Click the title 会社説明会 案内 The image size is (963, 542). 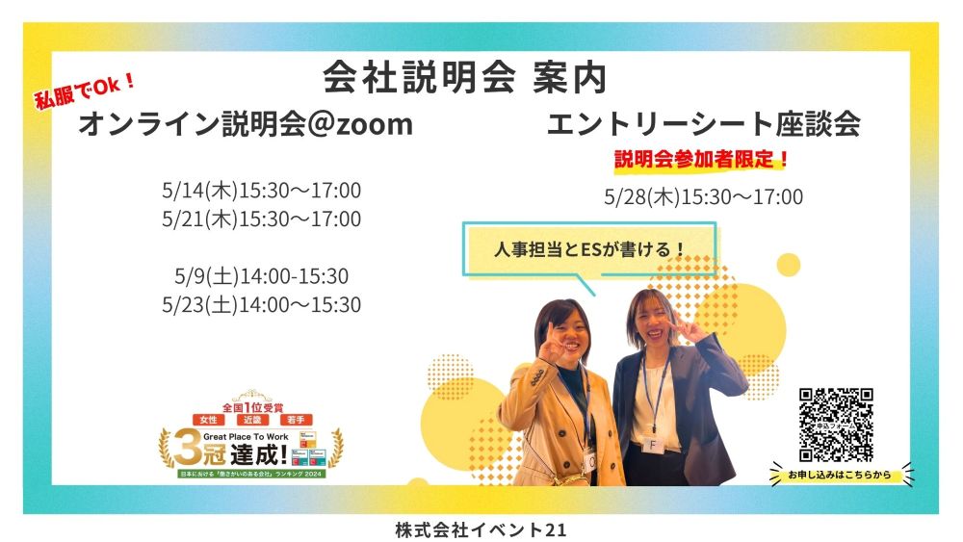464,78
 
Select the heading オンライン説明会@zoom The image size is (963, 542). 245,124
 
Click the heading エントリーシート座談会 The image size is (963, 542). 703,124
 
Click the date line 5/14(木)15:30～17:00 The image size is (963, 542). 262,191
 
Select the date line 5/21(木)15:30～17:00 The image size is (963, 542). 262,219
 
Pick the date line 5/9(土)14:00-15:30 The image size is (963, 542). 262,276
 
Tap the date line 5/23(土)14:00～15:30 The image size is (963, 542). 262,305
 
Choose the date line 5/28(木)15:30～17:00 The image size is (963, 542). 703,197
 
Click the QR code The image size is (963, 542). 836,425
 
